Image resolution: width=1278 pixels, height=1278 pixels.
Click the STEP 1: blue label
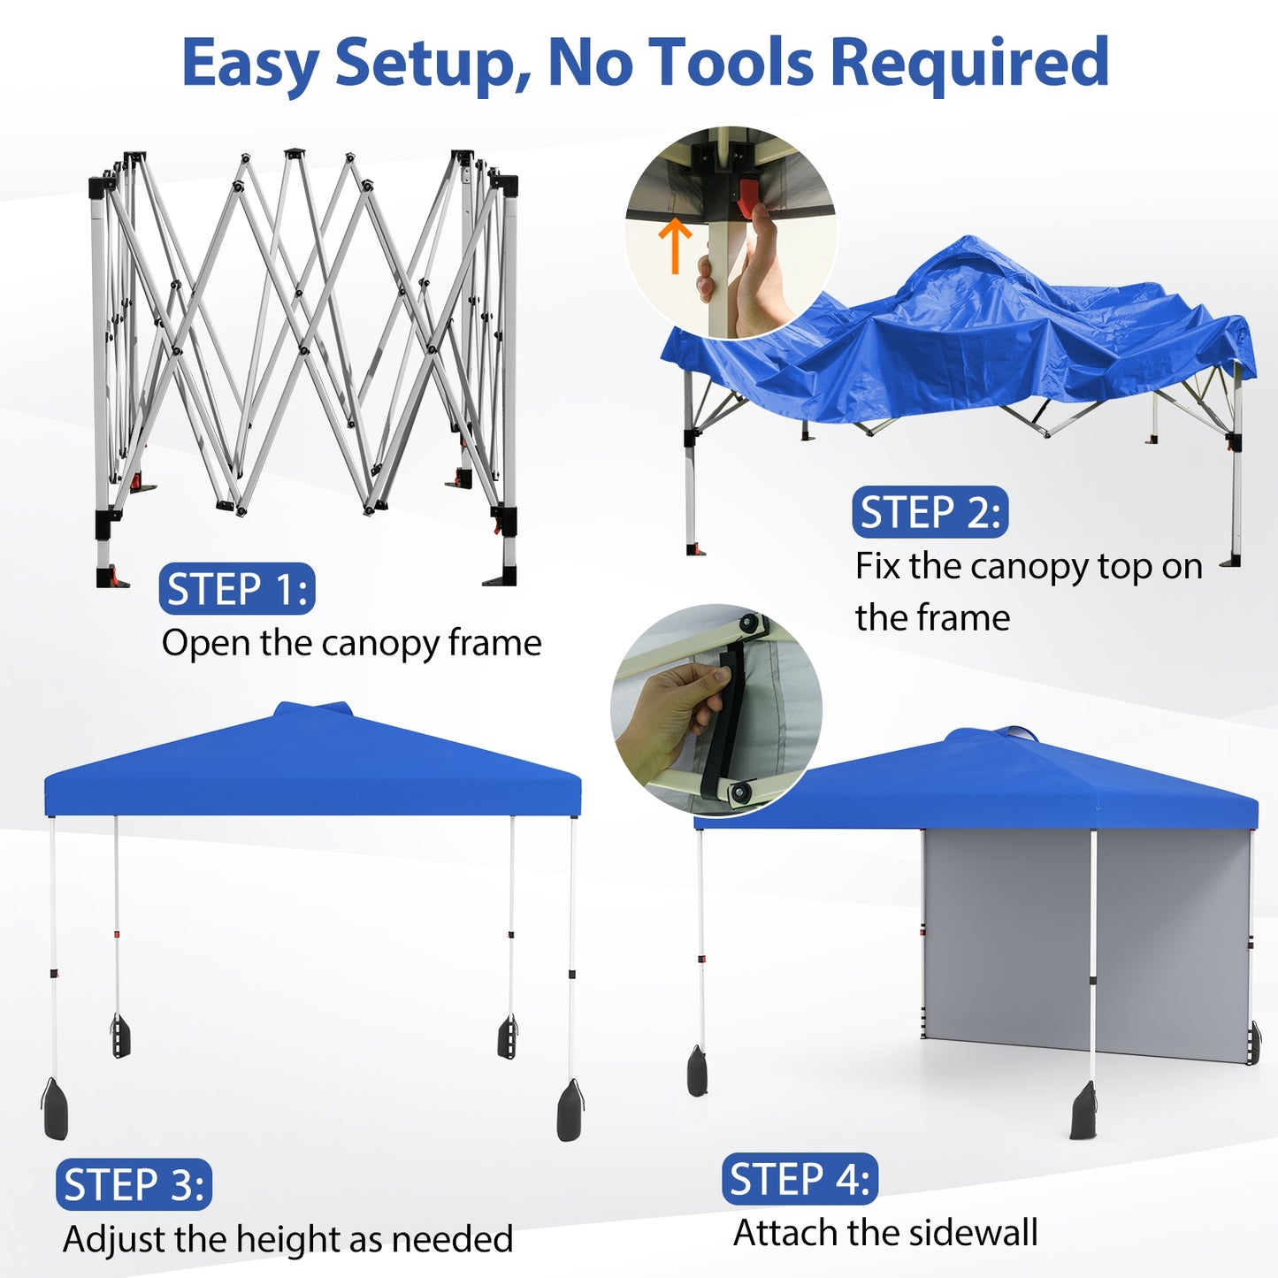tap(237, 589)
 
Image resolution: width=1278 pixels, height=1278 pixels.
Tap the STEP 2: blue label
tap(930, 512)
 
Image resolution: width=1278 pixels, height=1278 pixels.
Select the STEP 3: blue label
tap(134, 1184)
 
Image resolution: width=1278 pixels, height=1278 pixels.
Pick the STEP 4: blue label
tap(800, 1179)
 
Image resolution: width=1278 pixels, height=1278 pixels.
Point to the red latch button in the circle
tap(748, 197)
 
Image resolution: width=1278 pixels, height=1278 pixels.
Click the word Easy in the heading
tap(249, 64)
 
